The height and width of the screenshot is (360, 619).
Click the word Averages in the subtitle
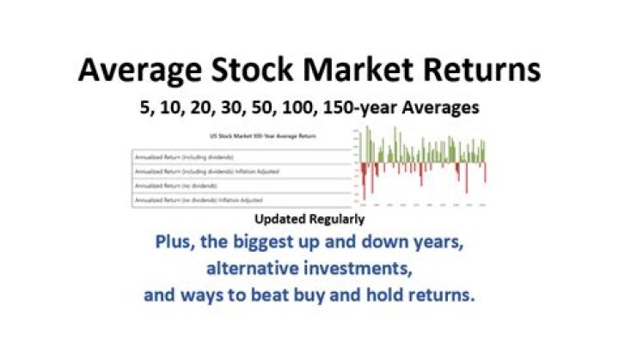(x=455, y=109)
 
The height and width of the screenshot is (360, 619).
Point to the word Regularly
(x=335, y=220)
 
